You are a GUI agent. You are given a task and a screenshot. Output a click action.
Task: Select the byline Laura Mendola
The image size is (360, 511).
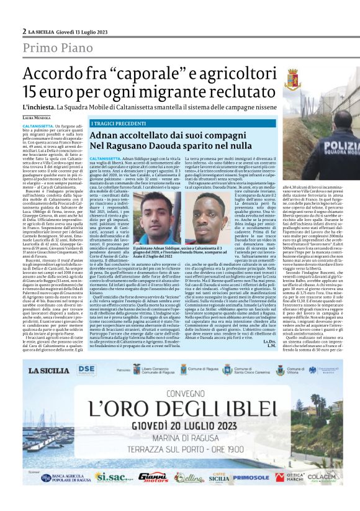(x=37, y=117)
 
